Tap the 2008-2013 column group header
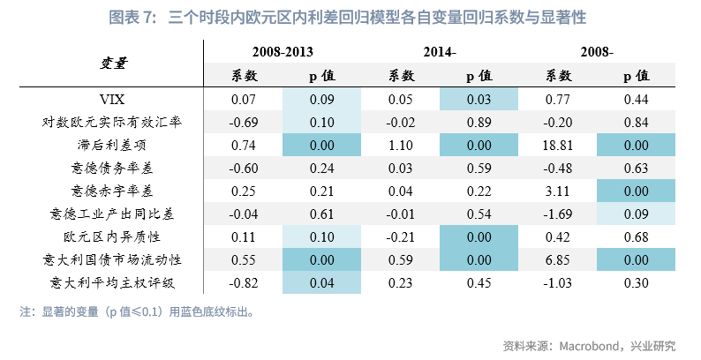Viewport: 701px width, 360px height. point(283,53)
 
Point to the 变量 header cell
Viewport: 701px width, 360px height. point(111,64)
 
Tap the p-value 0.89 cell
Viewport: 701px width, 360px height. point(479,122)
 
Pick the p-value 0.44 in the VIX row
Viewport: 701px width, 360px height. point(636,99)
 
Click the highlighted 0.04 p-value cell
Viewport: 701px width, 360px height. point(321,282)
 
